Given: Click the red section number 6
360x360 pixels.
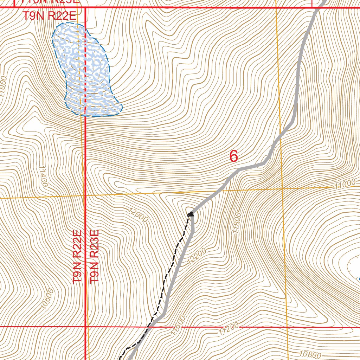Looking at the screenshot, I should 234,156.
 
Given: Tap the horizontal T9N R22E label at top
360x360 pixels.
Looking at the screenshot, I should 50,16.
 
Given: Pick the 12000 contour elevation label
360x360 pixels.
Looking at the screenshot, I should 139,214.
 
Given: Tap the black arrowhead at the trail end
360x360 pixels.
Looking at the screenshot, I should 191,213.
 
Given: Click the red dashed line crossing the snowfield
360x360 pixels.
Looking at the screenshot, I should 85,70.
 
